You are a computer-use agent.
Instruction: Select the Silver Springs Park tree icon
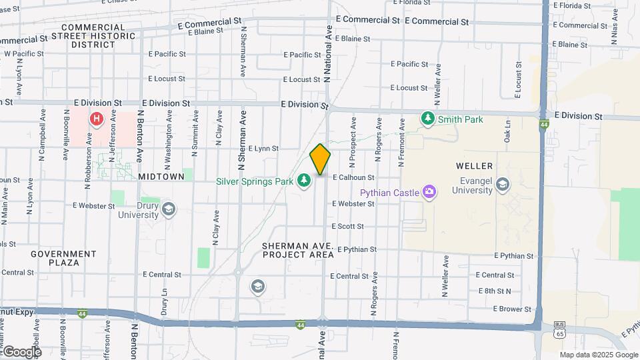pos(304,181)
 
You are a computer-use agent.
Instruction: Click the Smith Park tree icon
pos(427,119)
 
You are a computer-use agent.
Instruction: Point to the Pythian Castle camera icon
pos(429,193)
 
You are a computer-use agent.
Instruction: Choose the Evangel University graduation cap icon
pos(502,184)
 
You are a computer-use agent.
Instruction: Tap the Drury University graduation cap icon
pos(169,209)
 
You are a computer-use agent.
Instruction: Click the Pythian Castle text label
pos(390,193)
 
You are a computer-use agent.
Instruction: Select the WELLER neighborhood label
pos(474,165)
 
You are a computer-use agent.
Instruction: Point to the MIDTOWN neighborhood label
pos(161,177)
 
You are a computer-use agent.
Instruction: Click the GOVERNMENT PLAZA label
pos(63,258)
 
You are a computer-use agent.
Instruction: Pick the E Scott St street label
pos(347,227)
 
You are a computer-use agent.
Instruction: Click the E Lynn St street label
pos(263,149)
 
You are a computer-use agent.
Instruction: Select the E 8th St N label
pos(495,291)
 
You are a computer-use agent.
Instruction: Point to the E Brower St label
pos(512,309)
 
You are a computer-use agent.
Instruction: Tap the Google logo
pos(21,352)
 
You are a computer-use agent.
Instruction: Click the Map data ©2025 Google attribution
pos(597,355)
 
